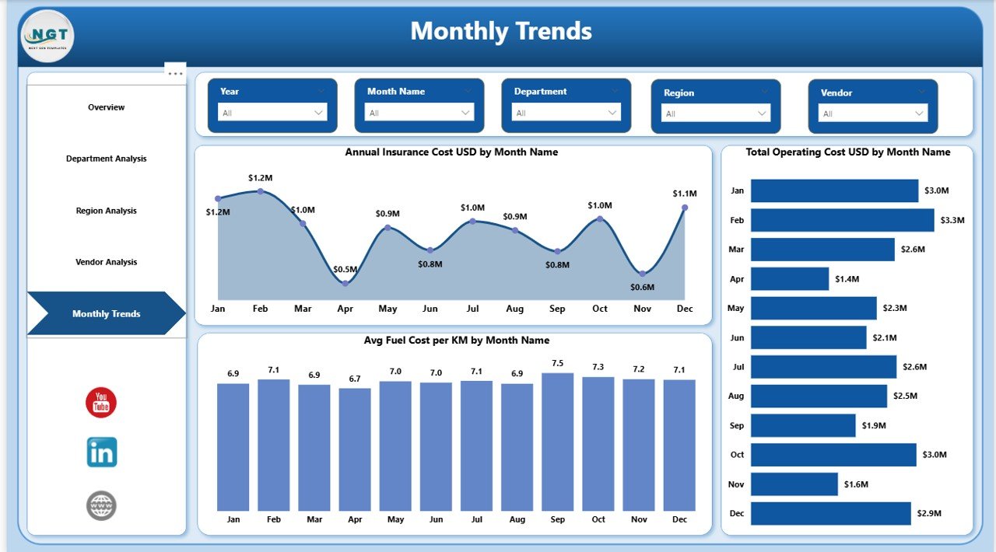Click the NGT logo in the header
point(48,36)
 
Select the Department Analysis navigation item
point(107,159)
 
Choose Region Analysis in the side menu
point(107,211)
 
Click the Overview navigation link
point(107,107)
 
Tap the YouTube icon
point(101,403)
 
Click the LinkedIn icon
point(102,452)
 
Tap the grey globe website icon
point(101,505)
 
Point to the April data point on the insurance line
point(345,283)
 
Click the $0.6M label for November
point(642,287)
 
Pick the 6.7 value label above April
point(355,379)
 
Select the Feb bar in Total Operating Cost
point(842,220)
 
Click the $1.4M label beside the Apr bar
point(847,279)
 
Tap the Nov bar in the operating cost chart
point(794,484)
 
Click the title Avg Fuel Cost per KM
point(456,341)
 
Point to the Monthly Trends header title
point(501,31)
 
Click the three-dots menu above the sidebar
point(176,73)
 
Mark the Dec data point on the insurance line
point(685,208)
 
